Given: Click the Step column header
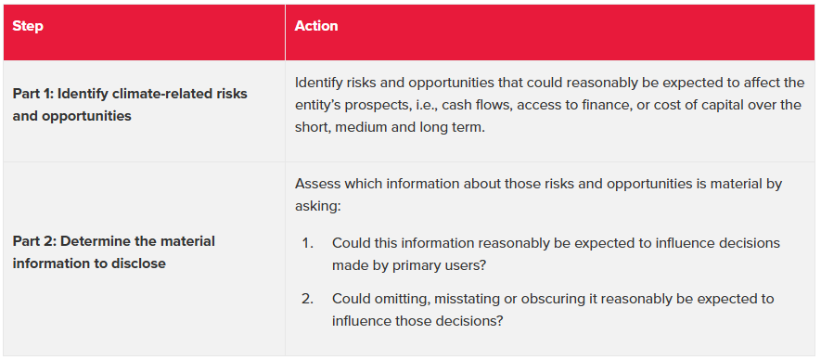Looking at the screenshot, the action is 28,26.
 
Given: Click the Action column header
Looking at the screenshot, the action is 316,26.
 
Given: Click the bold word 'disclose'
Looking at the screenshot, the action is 139,264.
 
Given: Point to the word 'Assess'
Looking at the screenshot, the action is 314,185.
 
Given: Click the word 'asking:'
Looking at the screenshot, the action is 318,207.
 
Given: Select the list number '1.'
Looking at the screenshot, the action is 307,244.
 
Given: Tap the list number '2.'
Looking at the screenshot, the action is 307,299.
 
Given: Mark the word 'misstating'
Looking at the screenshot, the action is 455,299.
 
